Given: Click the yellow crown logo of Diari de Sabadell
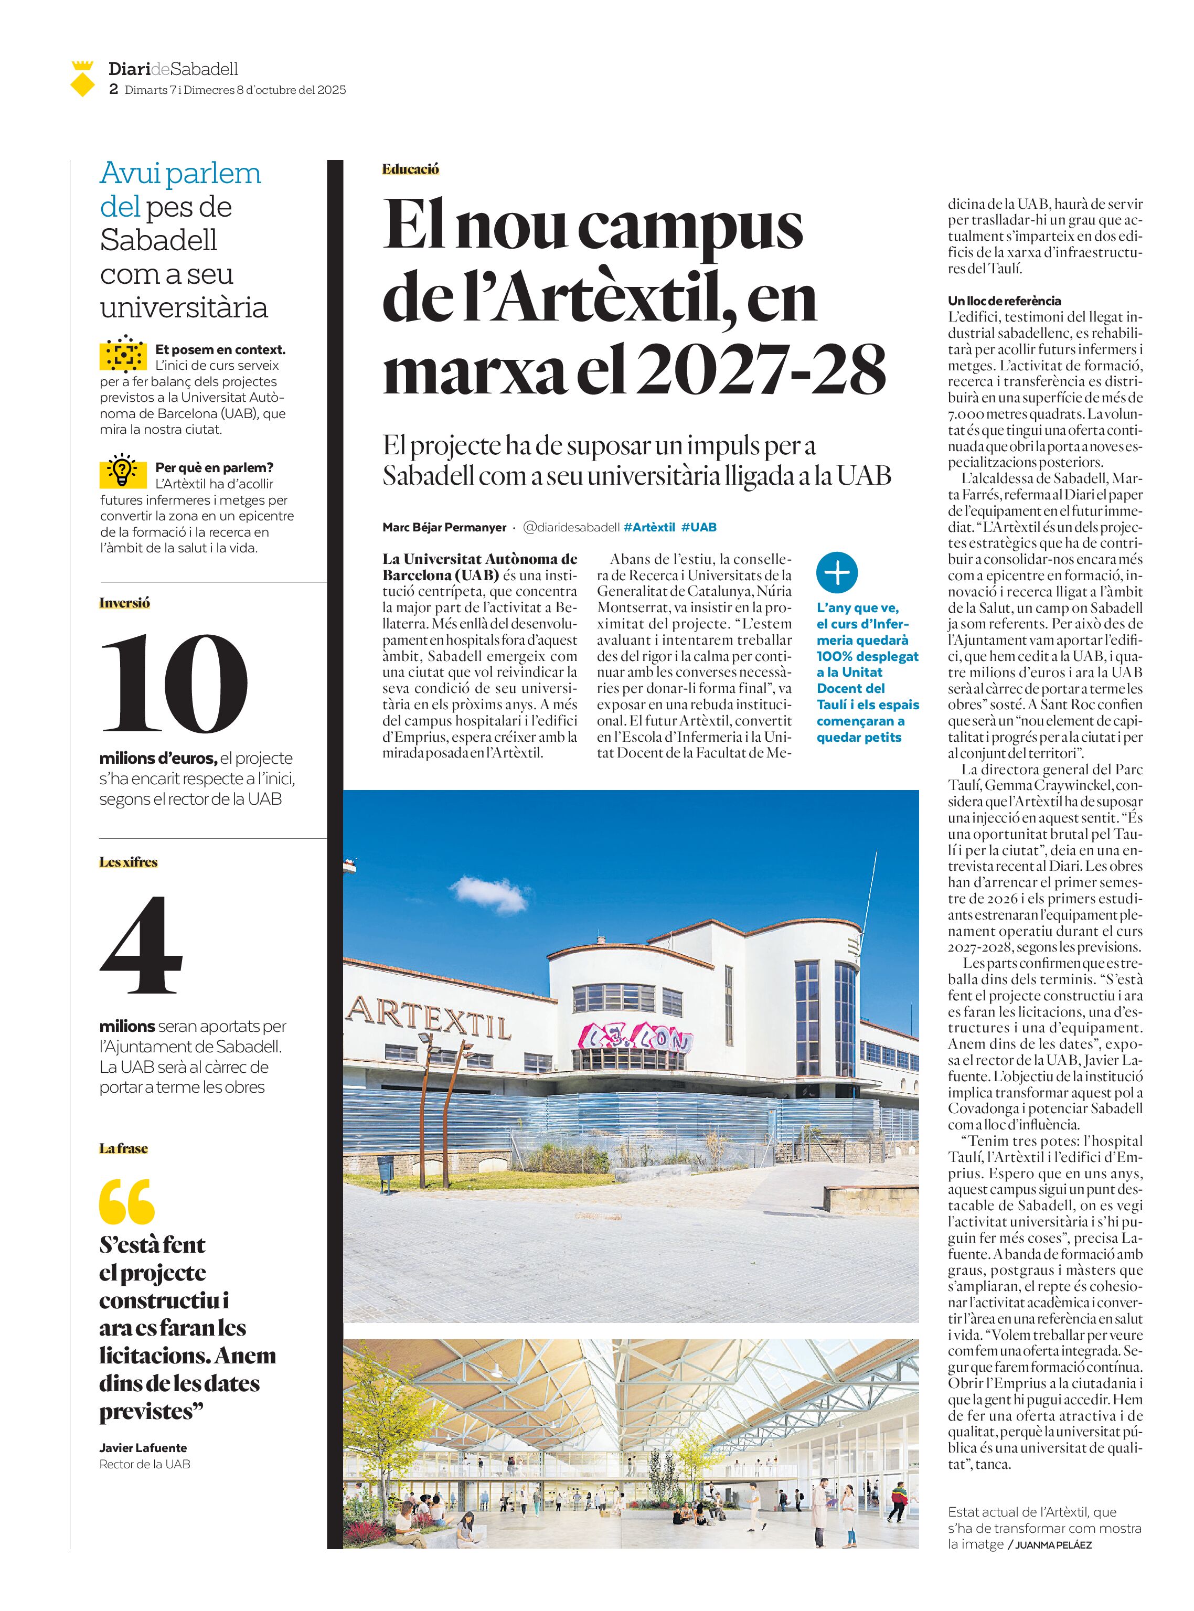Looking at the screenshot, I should (82, 78).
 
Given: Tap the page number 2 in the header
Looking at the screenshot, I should (113, 90).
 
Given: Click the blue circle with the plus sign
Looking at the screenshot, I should (836, 573).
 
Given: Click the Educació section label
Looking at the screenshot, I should (411, 169).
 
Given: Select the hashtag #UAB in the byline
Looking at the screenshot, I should (698, 527).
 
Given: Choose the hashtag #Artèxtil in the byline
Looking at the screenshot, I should (648, 527).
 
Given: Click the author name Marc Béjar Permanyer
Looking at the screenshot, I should (444, 527).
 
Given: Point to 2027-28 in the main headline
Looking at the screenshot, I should (762, 369).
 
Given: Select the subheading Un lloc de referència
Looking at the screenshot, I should (1005, 301).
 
